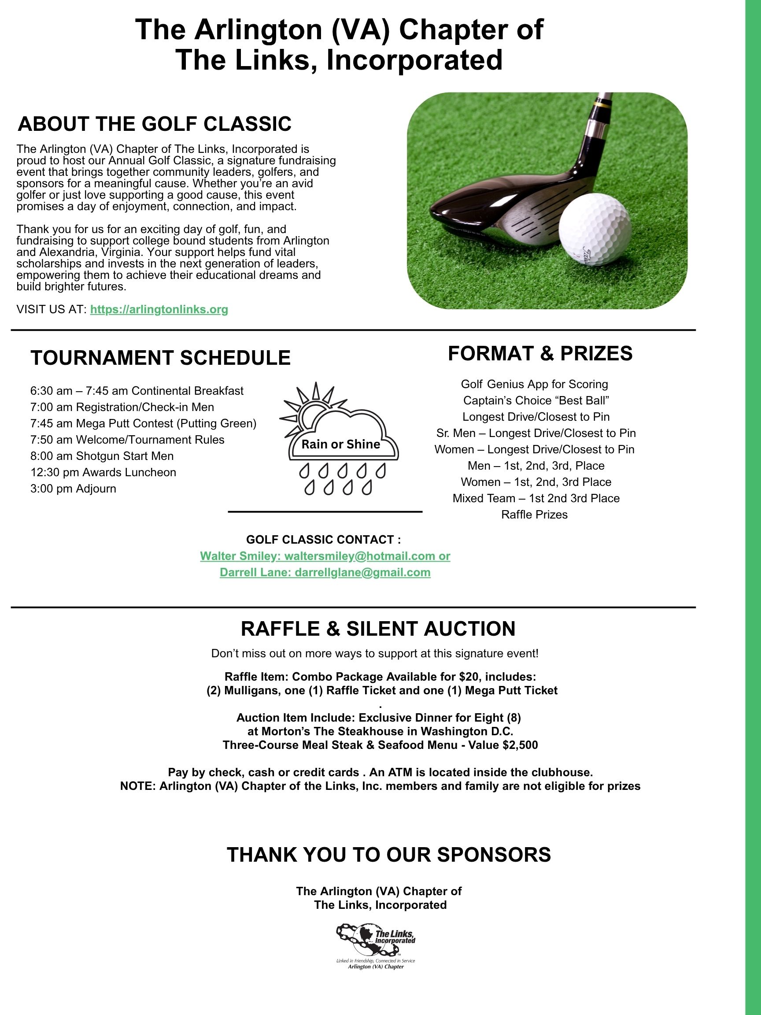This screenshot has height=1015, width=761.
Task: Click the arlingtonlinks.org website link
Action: pos(159,309)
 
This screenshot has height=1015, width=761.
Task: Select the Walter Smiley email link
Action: pos(325,556)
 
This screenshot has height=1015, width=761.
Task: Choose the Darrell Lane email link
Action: pos(325,573)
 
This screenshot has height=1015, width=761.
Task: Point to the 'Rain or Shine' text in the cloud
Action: pos(341,444)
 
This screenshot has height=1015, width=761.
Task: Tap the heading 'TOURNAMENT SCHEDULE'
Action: pos(161,358)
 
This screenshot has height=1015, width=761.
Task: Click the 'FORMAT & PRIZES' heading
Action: pos(540,353)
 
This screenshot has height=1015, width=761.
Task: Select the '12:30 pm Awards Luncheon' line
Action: pos(103,472)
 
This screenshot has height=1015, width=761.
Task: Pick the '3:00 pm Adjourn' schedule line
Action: pos(74,489)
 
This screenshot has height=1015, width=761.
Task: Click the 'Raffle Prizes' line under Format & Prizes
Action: pos(534,515)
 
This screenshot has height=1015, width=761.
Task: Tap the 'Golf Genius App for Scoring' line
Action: pos(534,384)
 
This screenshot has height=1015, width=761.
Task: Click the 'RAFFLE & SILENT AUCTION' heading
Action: pos(378,629)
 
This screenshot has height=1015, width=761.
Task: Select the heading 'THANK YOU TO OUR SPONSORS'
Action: pos(388,854)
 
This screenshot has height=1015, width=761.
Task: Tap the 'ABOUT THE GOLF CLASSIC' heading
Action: pos(155,124)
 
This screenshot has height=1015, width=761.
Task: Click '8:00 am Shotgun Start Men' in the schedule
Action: pos(102,456)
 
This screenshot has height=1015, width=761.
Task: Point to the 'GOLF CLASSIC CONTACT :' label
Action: pos(323,540)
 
